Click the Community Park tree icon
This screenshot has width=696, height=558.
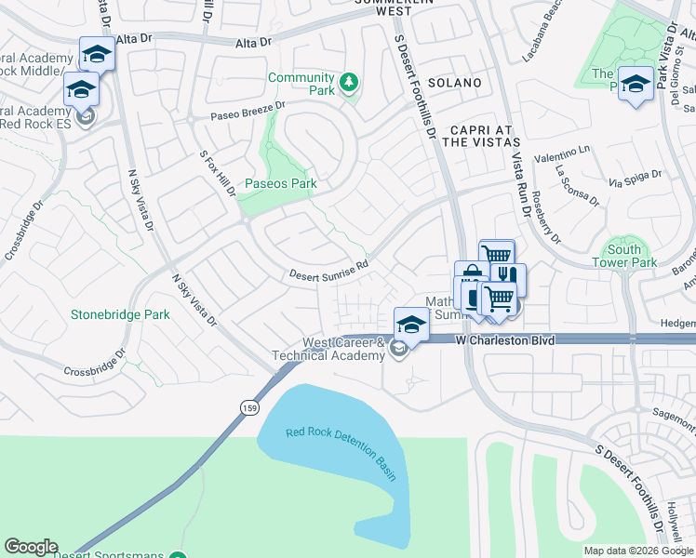pyautogui.click(x=349, y=84)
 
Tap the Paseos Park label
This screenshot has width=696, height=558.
pyautogui.click(x=280, y=183)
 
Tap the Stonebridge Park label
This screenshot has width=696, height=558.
pyautogui.click(x=120, y=314)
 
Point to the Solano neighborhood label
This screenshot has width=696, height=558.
pyautogui.click(x=455, y=83)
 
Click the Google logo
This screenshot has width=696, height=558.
pyautogui.click(x=31, y=547)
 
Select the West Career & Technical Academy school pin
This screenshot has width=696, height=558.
pyautogui.click(x=411, y=324)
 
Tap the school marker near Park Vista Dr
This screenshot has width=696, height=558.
pyautogui.click(x=635, y=85)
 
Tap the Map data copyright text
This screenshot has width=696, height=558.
pyautogui.click(x=638, y=551)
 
